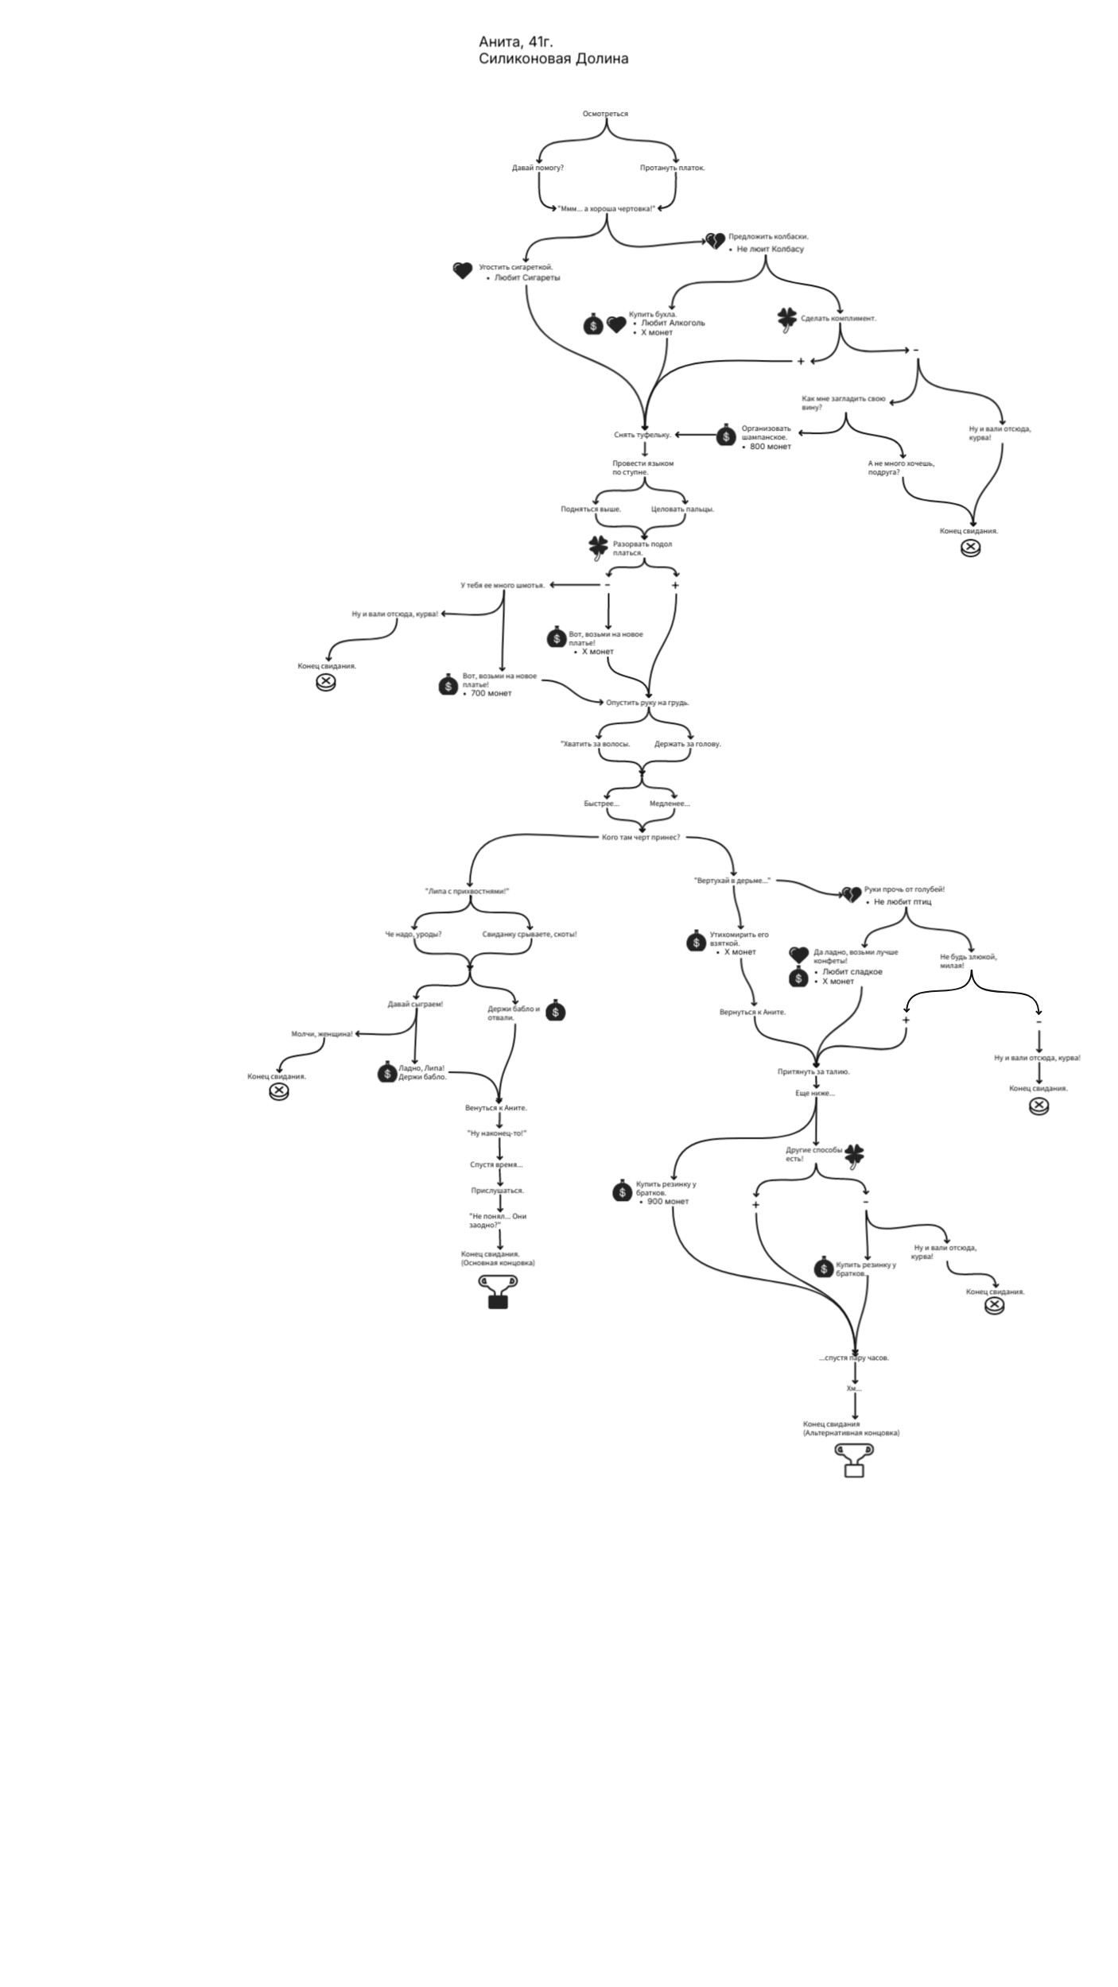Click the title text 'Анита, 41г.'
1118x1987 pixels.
tap(515, 41)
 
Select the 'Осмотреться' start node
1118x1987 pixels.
tap(605, 114)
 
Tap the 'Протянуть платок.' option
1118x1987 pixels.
tap(672, 168)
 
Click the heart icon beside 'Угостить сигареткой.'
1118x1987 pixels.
tap(462, 270)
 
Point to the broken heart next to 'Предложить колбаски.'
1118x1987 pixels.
tap(716, 240)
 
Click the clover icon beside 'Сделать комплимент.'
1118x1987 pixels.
tap(786, 320)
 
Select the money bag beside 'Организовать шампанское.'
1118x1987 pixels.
tap(726, 436)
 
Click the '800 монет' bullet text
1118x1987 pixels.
tap(770, 447)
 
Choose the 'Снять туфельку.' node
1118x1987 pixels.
tap(642, 435)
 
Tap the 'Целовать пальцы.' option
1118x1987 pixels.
tap(682, 509)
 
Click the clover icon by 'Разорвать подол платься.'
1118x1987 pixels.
tap(598, 546)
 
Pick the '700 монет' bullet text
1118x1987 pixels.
tap(491, 693)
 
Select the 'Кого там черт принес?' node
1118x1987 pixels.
tap(641, 837)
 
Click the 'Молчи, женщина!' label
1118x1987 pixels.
tap(322, 1034)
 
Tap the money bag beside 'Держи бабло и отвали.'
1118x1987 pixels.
tap(556, 1011)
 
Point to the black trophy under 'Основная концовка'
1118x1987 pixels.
tap(498, 1292)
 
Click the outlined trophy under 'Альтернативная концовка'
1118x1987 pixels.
tap(854, 1460)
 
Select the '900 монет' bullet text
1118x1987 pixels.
tap(668, 1201)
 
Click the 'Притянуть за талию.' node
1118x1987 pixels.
tap(813, 1071)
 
